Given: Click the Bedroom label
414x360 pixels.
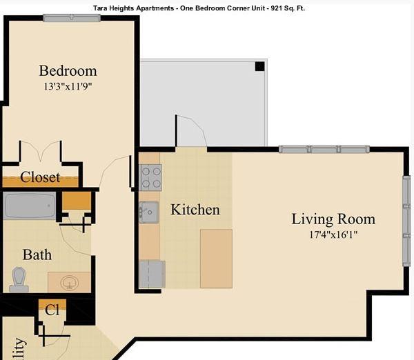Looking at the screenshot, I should pos(68,70).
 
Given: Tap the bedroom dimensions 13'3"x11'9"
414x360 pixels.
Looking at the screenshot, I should pos(68,87).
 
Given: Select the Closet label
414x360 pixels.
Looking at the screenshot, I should pos(40,177).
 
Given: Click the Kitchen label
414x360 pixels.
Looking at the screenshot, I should pos(195,210).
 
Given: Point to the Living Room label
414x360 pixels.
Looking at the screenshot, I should pos(333,219).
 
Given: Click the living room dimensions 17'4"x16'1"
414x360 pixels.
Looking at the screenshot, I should pos(333,234).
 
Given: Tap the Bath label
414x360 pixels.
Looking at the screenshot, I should pos(37,254).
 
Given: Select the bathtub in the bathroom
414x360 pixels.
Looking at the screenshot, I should pos(30,206).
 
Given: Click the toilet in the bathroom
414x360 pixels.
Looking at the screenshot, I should pos(19,278).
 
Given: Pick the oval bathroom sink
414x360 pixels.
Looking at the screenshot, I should pos(69,283).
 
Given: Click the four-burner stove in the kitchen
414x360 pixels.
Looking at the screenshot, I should pos(151,177).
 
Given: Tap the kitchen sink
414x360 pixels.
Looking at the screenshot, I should pos(148,212).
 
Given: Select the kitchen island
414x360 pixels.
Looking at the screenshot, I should pos(216,259).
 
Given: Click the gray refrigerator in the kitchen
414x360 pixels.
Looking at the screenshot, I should pos(152,274).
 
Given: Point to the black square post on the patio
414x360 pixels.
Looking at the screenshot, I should pos(259,66).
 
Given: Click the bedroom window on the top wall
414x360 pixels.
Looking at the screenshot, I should pos(67,17).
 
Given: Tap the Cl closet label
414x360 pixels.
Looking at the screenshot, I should pos(52,310).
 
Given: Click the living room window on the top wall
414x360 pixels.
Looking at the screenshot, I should pos(324,149).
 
